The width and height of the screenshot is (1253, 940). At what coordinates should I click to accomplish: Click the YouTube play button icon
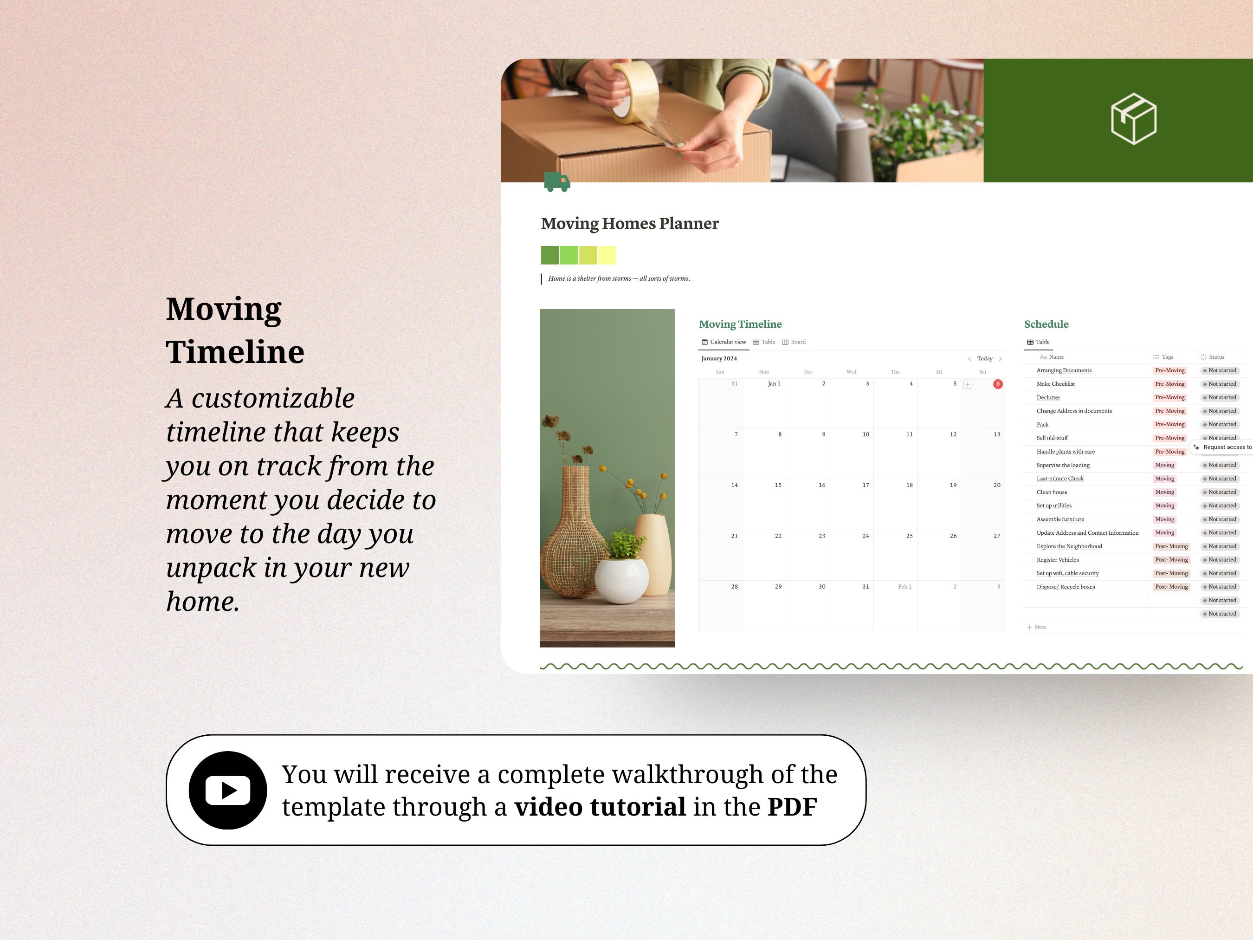pyautogui.click(x=228, y=790)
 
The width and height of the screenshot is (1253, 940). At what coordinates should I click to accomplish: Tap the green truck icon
pyautogui.click(x=557, y=182)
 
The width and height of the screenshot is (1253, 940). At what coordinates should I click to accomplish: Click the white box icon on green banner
pyautogui.click(x=1133, y=119)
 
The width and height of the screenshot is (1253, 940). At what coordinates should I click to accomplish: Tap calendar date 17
pyautogui.click(x=865, y=485)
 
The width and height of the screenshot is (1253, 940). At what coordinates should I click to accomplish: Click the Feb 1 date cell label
pyautogui.click(x=904, y=586)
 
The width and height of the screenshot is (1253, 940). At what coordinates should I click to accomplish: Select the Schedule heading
pyautogui.click(x=1046, y=324)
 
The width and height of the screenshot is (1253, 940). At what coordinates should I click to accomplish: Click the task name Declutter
pyautogui.click(x=1048, y=398)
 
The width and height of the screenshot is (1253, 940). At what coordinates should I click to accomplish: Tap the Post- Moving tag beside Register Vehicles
pyautogui.click(x=1171, y=560)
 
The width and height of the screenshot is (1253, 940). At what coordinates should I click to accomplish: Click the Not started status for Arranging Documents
pyautogui.click(x=1221, y=370)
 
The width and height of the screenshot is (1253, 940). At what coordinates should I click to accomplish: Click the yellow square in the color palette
pyautogui.click(x=607, y=255)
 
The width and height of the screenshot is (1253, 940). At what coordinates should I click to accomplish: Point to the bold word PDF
pyautogui.click(x=792, y=807)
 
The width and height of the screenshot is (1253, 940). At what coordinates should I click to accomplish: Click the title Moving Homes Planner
pyautogui.click(x=629, y=223)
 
